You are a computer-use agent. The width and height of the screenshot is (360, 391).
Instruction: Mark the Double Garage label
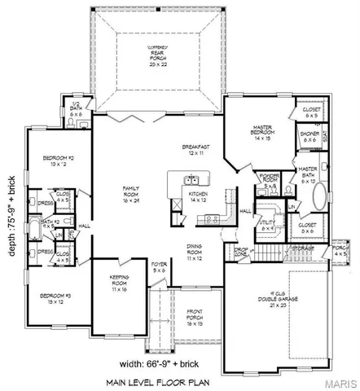(x=292, y=301)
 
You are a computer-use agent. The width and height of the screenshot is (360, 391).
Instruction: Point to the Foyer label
(x=158, y=266)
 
